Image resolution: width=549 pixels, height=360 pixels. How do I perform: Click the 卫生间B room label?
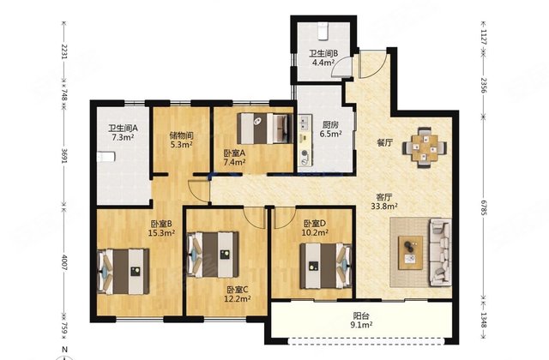coord(323,53)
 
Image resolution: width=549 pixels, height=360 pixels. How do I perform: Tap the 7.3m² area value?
coord(123,137)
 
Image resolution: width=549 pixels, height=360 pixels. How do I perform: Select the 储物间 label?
coord(181,135)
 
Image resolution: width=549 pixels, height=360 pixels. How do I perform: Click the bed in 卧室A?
coord(265,129)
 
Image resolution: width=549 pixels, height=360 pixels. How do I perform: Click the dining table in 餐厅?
coord(425,147)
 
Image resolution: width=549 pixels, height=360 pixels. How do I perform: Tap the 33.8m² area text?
coord(384,206)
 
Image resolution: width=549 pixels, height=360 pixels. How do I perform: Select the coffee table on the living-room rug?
coord(410,253)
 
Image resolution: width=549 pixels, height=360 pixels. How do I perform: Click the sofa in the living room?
coord(440,252)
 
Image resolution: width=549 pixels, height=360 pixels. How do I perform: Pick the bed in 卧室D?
coord(326,266)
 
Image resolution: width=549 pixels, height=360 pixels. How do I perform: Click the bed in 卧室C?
coord(213,255)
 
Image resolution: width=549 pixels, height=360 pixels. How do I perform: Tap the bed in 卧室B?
coord(124,272)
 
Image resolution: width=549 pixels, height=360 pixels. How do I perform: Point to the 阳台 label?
coord(360,316)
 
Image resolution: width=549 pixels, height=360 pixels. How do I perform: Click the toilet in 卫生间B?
coord(323,31)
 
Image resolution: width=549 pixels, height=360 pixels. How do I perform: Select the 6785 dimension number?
coord(484,207)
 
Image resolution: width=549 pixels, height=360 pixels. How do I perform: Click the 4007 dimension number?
coord(64,262)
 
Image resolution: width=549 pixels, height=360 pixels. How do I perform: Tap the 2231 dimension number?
coord(64,51)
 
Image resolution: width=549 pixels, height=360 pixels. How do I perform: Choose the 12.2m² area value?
coord(238,298)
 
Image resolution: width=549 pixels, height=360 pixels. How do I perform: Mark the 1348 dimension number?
coord(484,320)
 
